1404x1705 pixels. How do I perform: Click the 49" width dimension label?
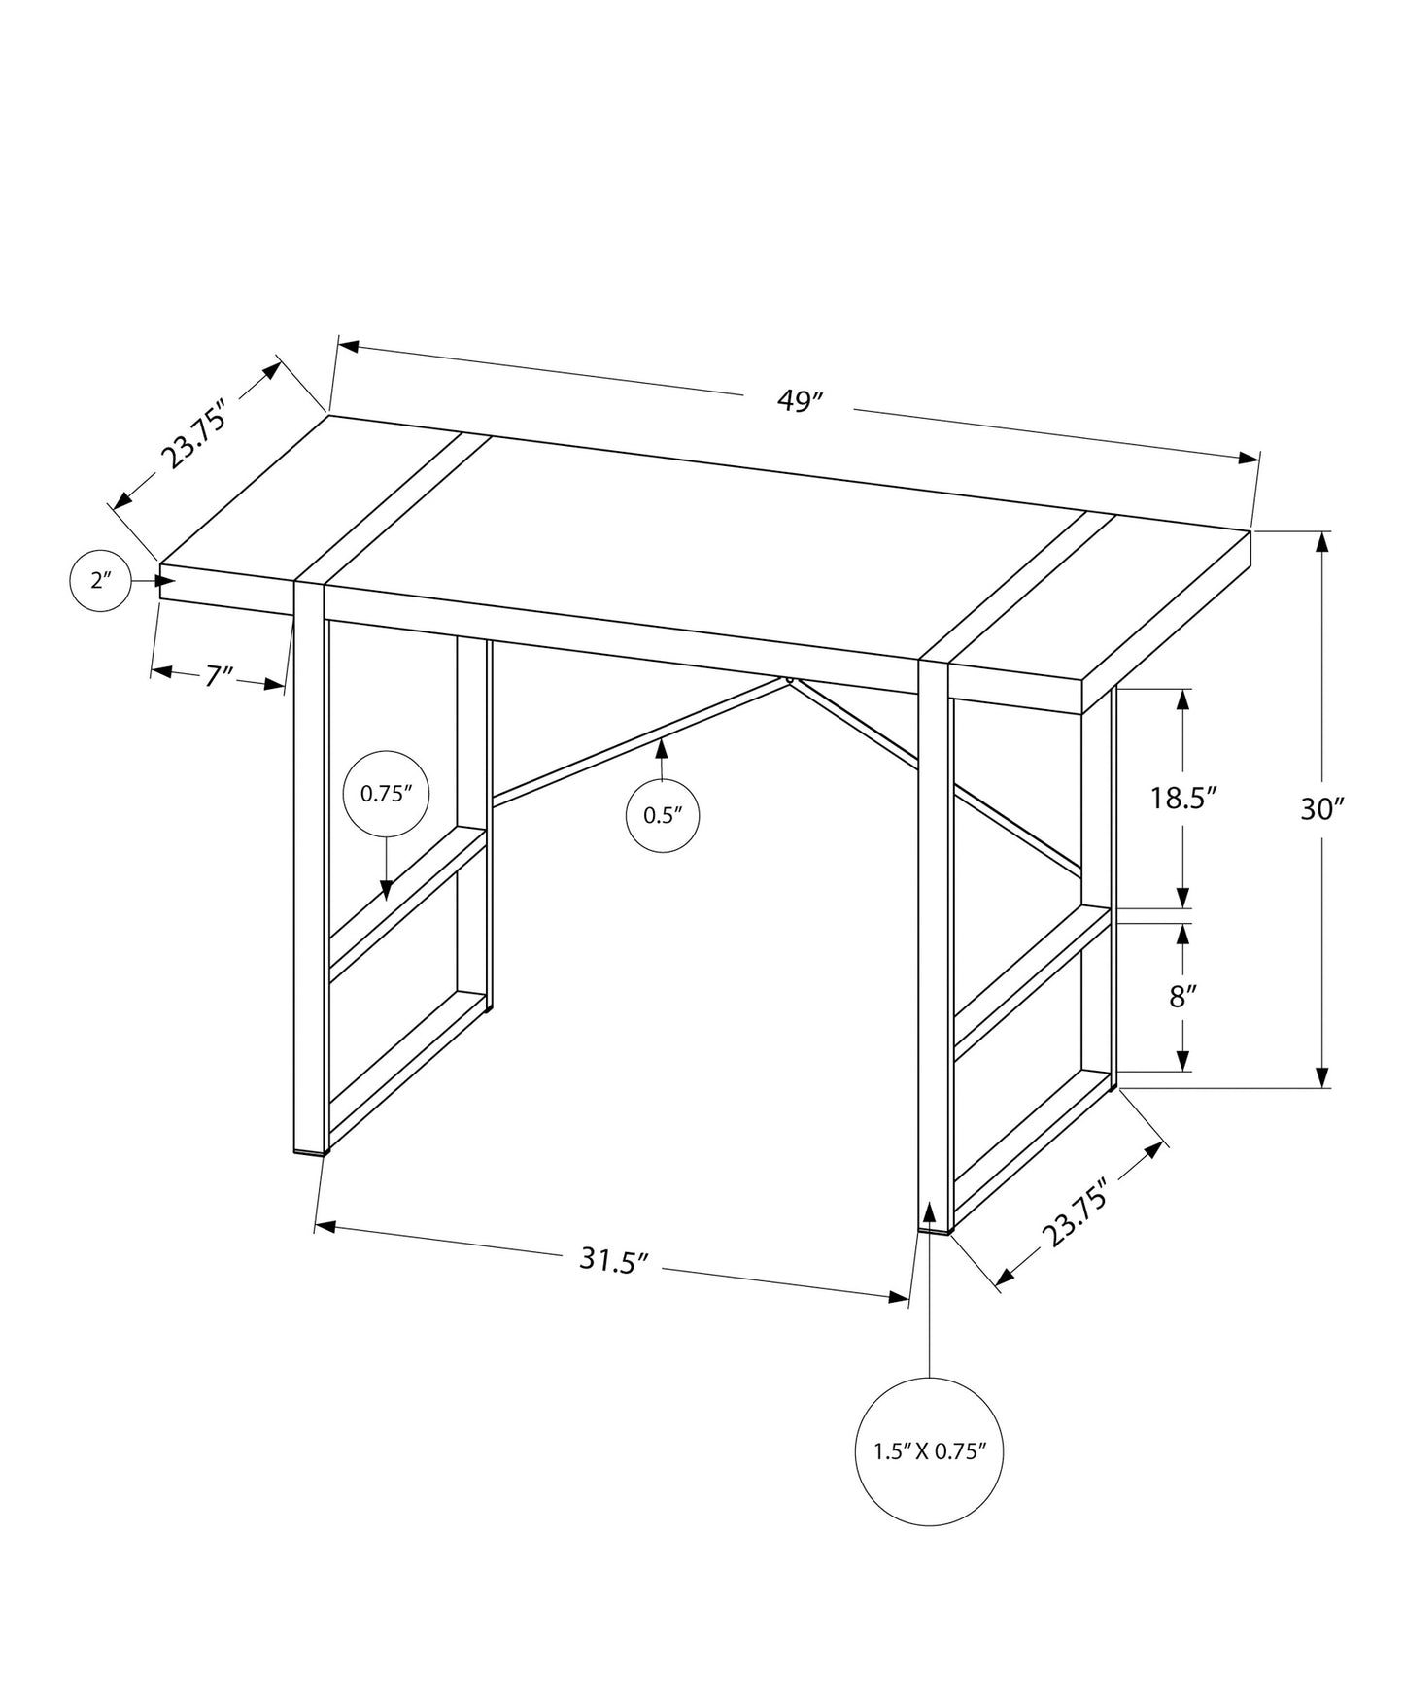[801, 401]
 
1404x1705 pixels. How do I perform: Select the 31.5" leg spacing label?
[613, 1261]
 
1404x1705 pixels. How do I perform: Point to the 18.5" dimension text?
[1183, 799]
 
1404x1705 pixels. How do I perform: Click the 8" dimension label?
[1181, 997]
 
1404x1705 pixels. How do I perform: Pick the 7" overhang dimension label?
[220, 675]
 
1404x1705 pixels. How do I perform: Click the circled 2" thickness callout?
[101, 582]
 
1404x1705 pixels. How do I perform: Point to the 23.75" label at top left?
[193, 433]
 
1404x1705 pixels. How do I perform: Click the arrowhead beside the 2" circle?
[166, 581]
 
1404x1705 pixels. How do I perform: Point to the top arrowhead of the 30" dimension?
[1321, 542]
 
